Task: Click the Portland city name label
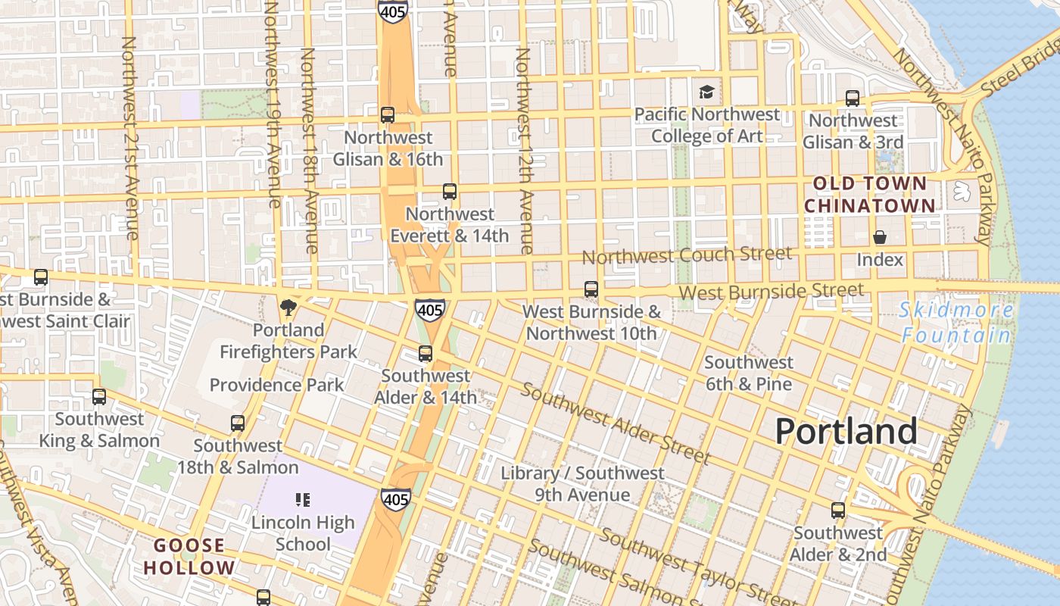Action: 846,432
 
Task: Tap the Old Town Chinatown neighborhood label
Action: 869,195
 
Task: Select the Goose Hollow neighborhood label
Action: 189,557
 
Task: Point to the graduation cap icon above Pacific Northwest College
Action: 706,92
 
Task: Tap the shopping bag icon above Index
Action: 880,238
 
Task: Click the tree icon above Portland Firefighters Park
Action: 288,307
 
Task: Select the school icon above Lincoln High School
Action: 303,500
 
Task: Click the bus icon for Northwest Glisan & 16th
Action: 388,115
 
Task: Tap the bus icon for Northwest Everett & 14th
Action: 450,192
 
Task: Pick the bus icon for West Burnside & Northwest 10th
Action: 591,289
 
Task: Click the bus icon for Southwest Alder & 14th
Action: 426,354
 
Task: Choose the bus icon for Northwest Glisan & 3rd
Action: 853,98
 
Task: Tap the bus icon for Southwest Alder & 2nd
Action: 838,511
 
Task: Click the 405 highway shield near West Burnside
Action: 429,309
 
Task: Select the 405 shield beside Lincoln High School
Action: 396,499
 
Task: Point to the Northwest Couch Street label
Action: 687,255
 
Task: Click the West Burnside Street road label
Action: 771,291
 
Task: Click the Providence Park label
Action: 276,385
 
